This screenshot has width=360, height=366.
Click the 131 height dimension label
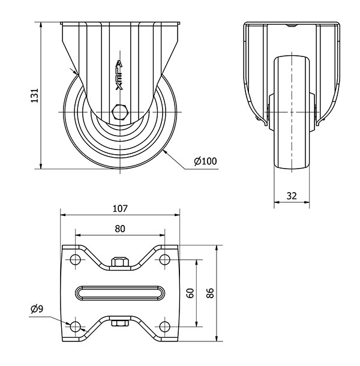click(35, 95)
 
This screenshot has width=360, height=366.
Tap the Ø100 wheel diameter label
click(205, 161)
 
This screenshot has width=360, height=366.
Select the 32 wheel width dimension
click(292, 196)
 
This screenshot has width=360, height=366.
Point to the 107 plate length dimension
click(120, 208)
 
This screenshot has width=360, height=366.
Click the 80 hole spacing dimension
click(120, 229)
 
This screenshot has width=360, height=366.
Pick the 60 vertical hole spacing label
click(191, 293)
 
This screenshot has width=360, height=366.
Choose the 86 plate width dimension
click(210, 293)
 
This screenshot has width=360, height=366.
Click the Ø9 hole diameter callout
click(37, 309)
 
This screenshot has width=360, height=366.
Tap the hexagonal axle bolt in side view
click(120, 112)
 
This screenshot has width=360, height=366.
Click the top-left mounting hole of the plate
click(75, 259)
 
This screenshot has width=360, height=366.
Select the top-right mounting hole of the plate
click(164, 259)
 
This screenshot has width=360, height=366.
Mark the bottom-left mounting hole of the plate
click(75, 326)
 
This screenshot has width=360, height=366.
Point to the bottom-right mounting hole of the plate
click(164, 326)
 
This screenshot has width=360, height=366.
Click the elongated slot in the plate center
click(120, 293)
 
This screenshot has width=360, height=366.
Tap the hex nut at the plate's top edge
click(120, 262)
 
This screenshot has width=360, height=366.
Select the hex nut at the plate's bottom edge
click(120, 323)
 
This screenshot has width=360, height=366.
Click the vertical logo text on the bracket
click(119, 76)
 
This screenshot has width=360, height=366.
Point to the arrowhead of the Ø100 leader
click(165, 152)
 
